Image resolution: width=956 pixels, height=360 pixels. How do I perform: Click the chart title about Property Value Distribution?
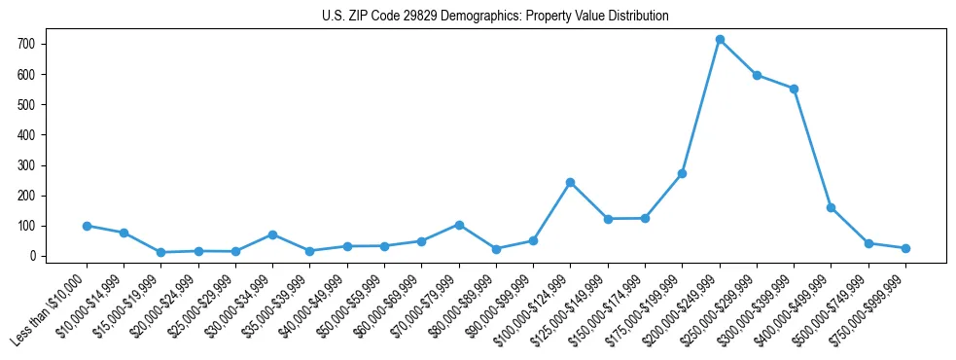pyautogui.click(x=495, y=17)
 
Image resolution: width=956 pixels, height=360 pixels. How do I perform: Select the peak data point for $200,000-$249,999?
pyautogui.click(x=720, y=40)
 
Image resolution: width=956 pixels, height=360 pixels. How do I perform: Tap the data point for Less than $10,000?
pyautogui.click(x=87, y=226)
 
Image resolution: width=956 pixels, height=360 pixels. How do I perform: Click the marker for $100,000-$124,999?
pyautogui.click(x=570, y=182)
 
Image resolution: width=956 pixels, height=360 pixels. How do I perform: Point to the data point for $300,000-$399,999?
pyautogui.click(x=794, y=89)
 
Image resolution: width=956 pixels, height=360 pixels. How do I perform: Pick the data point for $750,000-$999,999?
pyautogui.click(x=905, y=248)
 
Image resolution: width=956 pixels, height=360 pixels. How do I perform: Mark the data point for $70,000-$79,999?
pyautogui.click(x=459, y=225)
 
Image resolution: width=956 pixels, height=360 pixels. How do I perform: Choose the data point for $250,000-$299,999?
pyautogui.click(x=757, y=75)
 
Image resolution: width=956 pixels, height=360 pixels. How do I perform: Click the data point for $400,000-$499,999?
pyautogui.click(x=831, y=207)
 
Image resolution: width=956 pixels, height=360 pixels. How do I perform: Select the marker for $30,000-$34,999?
pyautogui.click(x=273, y=234)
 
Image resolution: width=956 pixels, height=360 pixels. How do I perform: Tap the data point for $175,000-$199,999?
pyautogui.click(x=682, y=173)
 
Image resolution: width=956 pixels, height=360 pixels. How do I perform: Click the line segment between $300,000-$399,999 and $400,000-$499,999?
pyautogui.click(x=812, y=148)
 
